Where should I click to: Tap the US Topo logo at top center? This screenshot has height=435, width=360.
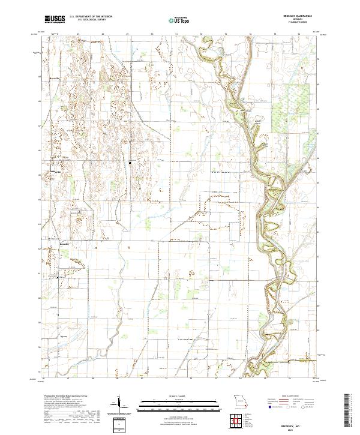point(178,20)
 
